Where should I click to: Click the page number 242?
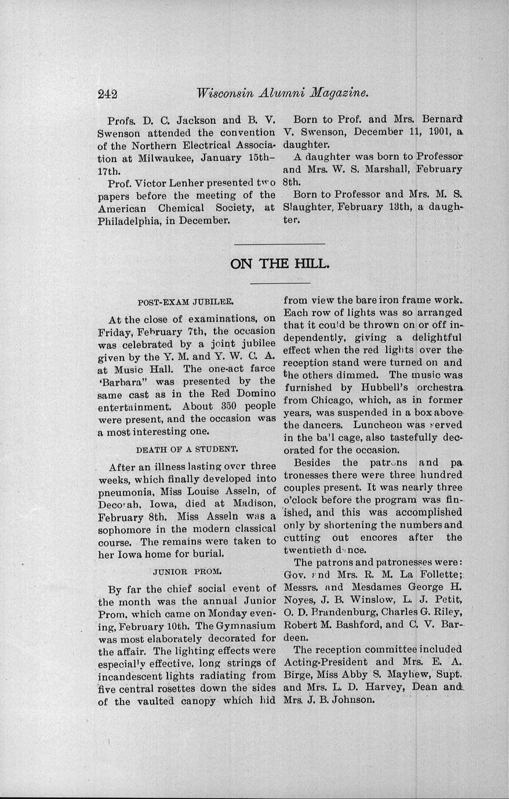pos(108,94)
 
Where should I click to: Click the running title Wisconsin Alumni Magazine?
pos(283,93)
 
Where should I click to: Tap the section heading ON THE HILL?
pos(280,264)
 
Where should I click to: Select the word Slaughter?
pos(307,207)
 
